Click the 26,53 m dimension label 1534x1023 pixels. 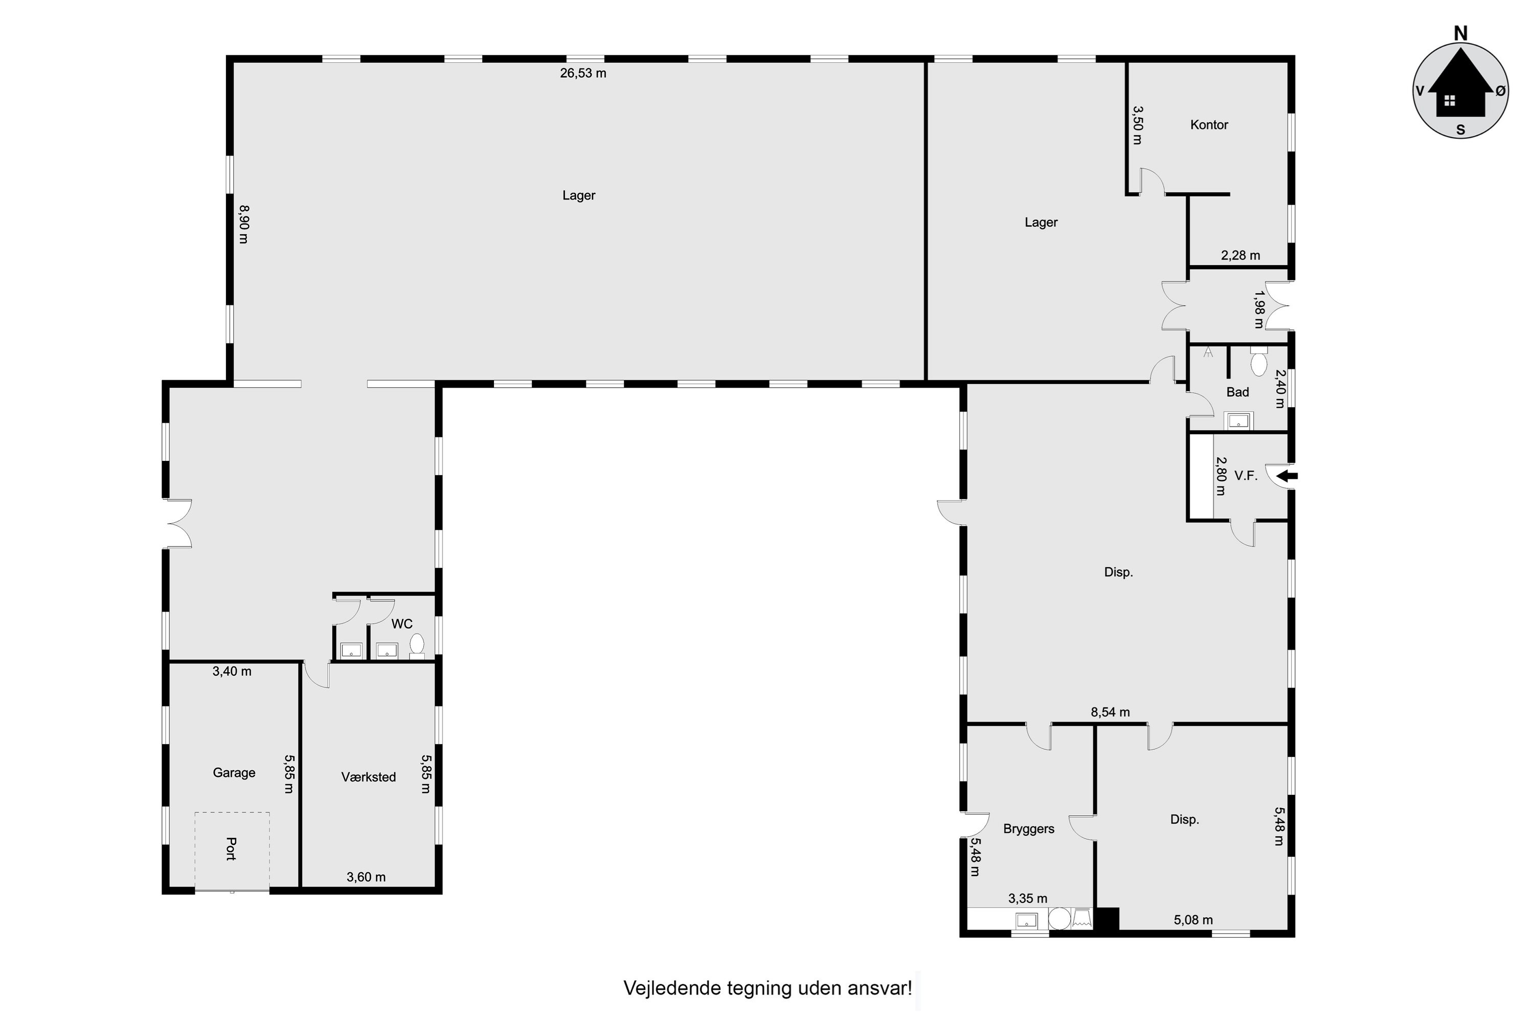583,73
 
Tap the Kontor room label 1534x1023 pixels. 1209,125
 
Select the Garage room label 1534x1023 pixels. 234,772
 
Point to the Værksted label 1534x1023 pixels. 369,777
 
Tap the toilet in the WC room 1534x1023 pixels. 416,644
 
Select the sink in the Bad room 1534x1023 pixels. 1237,421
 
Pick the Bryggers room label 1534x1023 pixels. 1028,829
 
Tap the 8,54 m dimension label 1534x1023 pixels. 1110,713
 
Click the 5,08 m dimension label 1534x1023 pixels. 1193,920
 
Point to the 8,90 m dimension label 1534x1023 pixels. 244,224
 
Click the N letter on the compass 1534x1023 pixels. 1460,33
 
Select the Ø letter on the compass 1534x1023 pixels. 1500,92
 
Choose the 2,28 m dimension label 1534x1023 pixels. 1240,255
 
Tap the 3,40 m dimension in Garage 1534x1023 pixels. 232,671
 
